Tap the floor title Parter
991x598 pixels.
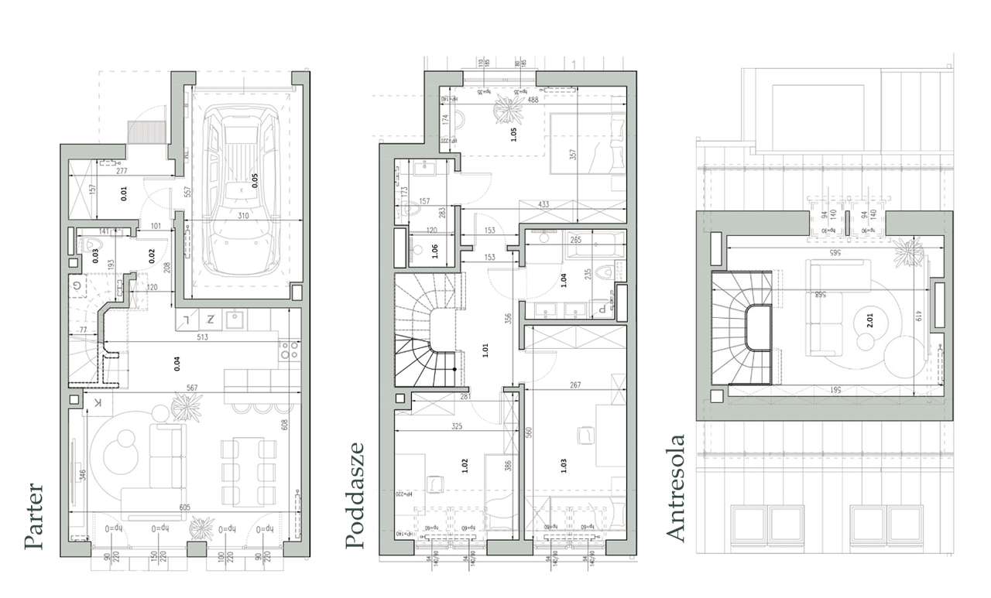tap(33, 517)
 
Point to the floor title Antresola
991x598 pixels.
tap(675, 488)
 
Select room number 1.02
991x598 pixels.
tap(464, 466)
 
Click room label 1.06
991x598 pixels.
tap(435, 249)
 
